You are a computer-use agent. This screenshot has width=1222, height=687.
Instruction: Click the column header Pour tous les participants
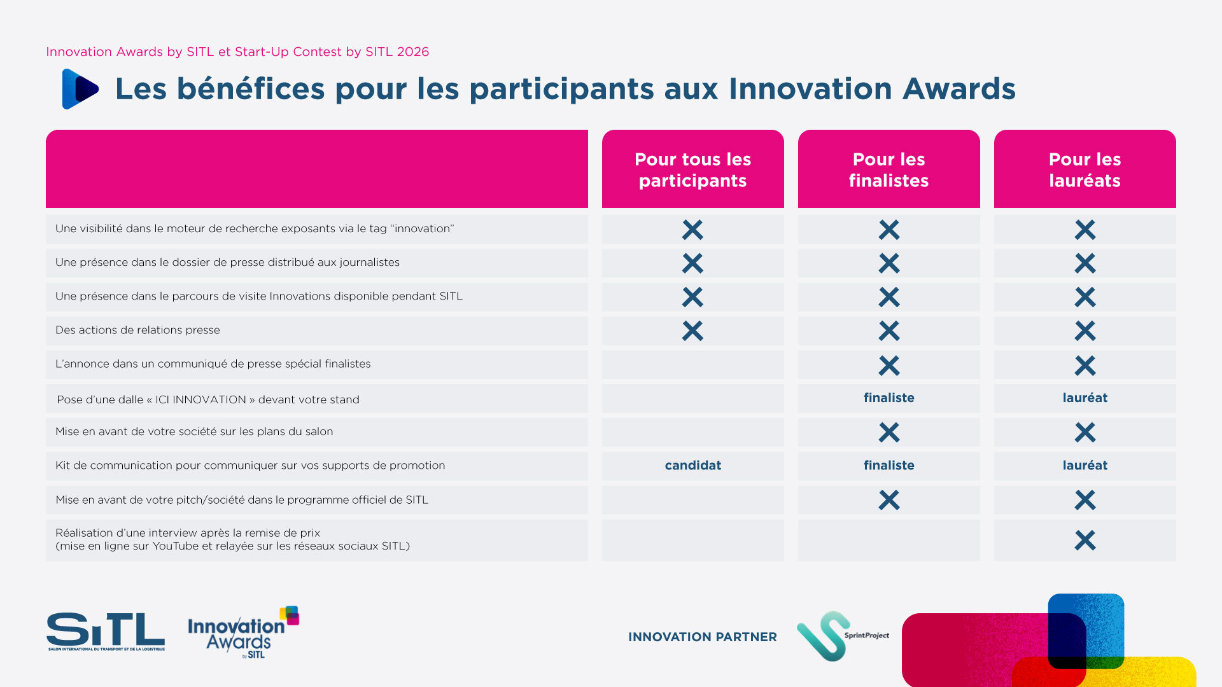pyautogui.click(x=692, y=169)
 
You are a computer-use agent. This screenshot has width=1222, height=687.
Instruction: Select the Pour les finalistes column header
pyautogui.click(x=888, y=169)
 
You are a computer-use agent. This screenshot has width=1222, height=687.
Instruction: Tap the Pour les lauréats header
pyautogui.click(x=1085, y=169)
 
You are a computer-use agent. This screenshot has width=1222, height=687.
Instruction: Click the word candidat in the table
pyautogui.click(x=692, y=465)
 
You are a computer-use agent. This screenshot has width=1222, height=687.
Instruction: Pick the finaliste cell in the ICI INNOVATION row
pyautogui.click(x=888, y=398)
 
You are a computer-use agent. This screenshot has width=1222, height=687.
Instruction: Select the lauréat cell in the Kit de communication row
pyautogui.click(x=1085, y=465)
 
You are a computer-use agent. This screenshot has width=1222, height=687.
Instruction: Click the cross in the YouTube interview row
pyautogui.click(x=1085, y=540)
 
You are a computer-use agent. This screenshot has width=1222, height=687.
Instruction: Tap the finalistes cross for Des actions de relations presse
pyautogui.click(x=888, y=331)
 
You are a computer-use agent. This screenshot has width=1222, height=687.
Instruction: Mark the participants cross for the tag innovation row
pyautogui.click(x=692, y=230)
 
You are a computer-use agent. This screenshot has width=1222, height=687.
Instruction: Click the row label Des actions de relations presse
pyautogui.click(x=137, y=330)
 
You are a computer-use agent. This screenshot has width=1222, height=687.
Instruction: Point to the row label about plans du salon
pyautogui.click(x=194, y=431)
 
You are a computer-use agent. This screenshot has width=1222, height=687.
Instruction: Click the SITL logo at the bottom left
pyautogui.click(x=106, y=631)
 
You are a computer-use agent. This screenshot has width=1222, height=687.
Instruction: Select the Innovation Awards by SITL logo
pyautogui.click(x=242, y=633)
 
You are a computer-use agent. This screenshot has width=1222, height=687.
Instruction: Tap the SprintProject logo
pyautogui.click(x=842, y=635)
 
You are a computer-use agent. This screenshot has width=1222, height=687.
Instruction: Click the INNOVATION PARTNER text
pyautogui.click(x=702, y=637)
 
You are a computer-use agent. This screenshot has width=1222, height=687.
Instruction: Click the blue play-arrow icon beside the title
pyautogui.click(x=80, y=89)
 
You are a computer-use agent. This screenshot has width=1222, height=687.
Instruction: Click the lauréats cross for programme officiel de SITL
pyautogui.click(x=1085, y=500)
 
